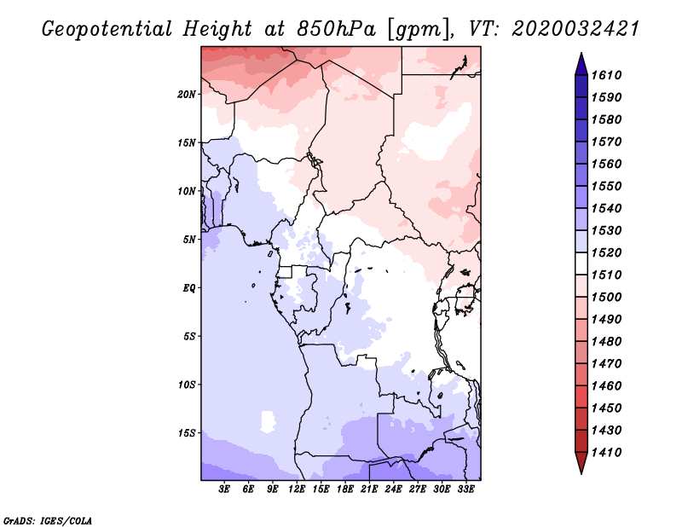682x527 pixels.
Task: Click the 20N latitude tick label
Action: coord(187,95)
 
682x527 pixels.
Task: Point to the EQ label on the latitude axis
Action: coord(189,288)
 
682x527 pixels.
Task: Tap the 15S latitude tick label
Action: coord(187,433)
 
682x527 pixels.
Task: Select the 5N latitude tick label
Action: coord(189,240)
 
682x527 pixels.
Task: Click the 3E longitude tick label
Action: coord(224,489)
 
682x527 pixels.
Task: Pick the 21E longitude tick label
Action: coord(369,489)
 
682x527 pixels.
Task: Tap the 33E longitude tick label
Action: coord(465,489)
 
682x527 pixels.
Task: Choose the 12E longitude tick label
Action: coord(297,489)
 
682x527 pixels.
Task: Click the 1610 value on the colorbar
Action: coord(606,75)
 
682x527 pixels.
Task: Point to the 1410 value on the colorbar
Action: coord(606,453)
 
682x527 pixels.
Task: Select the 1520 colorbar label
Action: coord(606,252)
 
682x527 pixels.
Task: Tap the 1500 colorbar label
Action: coord(606,298)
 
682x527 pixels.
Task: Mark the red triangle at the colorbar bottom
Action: coord(581,461)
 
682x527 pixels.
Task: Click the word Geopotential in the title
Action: coord(107,30)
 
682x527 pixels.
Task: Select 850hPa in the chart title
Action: coord(336,29)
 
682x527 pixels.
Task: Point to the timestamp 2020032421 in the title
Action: coord(575,29)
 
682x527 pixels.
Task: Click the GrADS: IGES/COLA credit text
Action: coord(48,521)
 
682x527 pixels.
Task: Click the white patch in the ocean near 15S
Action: coord(268,421)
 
